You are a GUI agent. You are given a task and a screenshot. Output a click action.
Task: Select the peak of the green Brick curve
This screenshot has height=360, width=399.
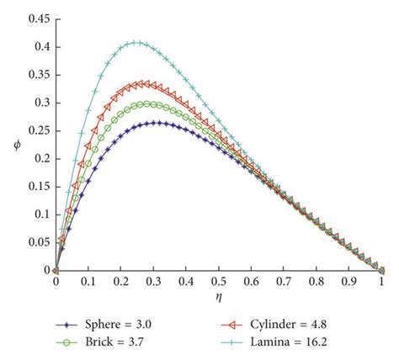(x=148, y=103)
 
